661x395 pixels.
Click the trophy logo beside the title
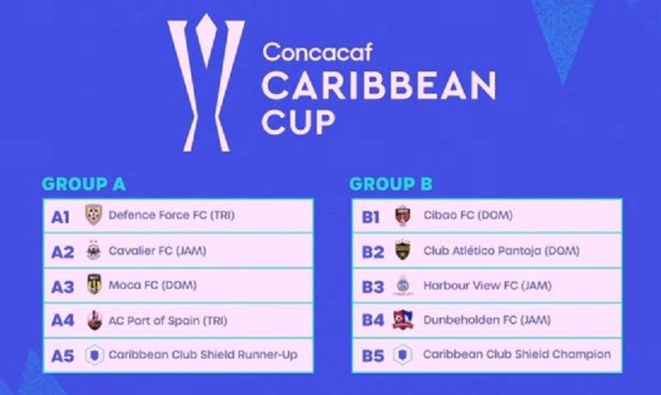point(206,83)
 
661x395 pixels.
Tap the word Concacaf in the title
point(318,52)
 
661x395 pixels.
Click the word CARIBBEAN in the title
point(379,86)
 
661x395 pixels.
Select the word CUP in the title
point(298,122)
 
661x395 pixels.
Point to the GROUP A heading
point(84,184)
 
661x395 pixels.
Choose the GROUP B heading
point(391,184)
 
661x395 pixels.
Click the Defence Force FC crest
point(94,215)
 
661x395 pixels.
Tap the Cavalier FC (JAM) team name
point(157,250)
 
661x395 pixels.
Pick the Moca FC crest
point(94,284)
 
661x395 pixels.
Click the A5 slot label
point(63,356)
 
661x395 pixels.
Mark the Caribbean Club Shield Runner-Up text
point(203,355)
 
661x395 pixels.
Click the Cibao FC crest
point(403,216)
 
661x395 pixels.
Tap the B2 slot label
point(373,252)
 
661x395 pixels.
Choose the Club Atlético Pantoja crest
point(403,250)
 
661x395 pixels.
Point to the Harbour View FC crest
point(403,285)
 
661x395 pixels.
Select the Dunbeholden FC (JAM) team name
point(487,320)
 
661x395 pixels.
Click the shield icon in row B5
point(403,355)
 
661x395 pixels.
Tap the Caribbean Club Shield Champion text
point(517,355)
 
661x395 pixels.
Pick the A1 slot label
point(60,218)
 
